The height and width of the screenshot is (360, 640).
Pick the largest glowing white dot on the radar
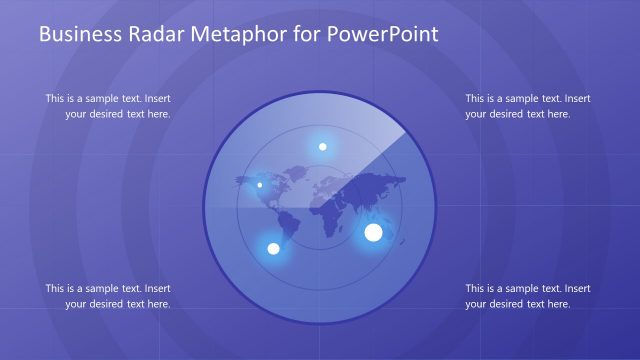pos(373,233)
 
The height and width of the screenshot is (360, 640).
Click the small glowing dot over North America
pos(260,184)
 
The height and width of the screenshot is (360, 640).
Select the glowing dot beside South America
pos(272,248)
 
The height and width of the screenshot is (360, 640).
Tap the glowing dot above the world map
pos(322,147)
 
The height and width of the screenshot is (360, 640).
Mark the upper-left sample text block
pos(108,106)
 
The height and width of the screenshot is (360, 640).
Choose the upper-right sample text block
pos(528,106)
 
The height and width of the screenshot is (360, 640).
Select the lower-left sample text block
pos(108,296)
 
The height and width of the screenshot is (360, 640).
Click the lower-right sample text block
pos(528,296)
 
